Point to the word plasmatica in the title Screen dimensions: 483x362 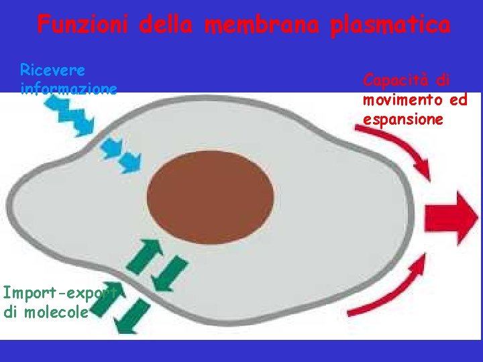click(x=390, y=25)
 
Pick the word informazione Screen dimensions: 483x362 click(x=68, y=88)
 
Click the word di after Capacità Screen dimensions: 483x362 click(x=443, y=81)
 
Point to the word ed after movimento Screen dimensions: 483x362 click(x=459, y=101)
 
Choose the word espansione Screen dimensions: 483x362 click(x=403, y=120)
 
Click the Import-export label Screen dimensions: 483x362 click(x=59, y=293)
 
